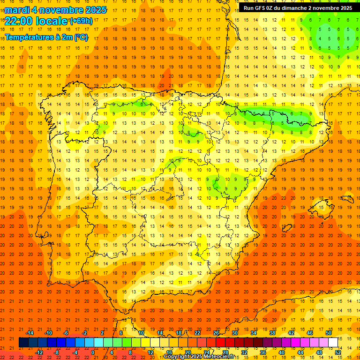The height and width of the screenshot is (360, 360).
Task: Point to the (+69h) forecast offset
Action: pyautogui.click(x=81, y=21)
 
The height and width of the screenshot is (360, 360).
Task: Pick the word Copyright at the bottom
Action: pyautogui.click(x=177, y=357)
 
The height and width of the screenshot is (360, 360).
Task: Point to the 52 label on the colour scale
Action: pyautogui.click(x=338, y=352)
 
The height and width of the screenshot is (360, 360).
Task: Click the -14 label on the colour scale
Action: pyautogui.click(x=30, y=333)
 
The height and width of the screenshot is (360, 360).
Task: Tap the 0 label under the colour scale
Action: pyautogui.click(x=93, y=352)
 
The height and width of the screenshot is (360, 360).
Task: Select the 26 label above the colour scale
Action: pyautogui.click(x=216, y=333)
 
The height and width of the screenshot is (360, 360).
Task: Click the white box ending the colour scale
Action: pyautogui.click(x=333, y=343)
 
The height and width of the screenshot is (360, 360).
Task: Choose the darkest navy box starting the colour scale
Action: pyautogui.click(x=23, y=343)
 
